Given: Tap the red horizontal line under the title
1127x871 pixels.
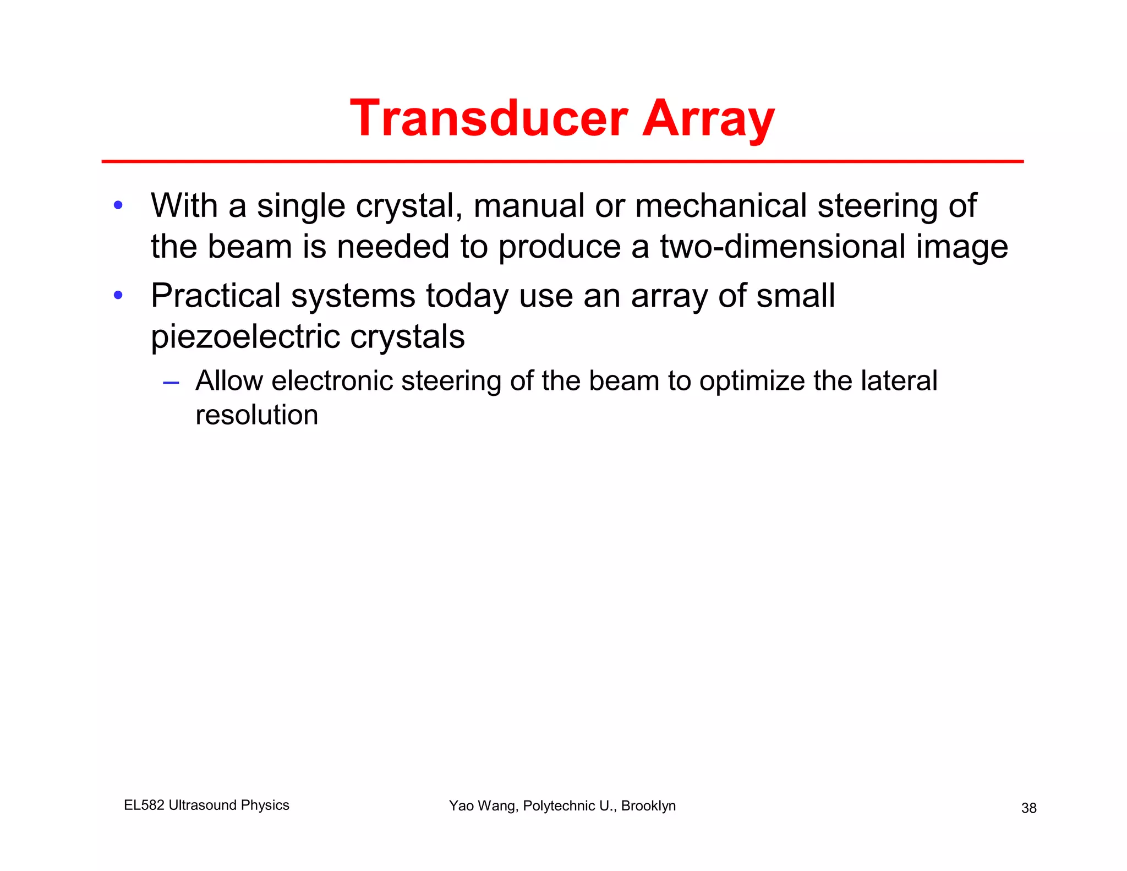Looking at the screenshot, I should pos(561,161).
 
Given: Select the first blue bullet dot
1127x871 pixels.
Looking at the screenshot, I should pos(118,206).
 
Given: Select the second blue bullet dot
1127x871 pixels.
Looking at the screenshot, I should pos(118,296).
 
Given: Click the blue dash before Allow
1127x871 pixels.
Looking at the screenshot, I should pos(171,382).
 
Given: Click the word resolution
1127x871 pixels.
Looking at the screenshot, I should pos(256,415).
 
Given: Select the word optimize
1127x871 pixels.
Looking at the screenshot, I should pos(752,382).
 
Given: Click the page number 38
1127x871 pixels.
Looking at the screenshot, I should pos(1028,808).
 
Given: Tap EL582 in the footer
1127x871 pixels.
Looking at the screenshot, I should pos(144,805).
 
